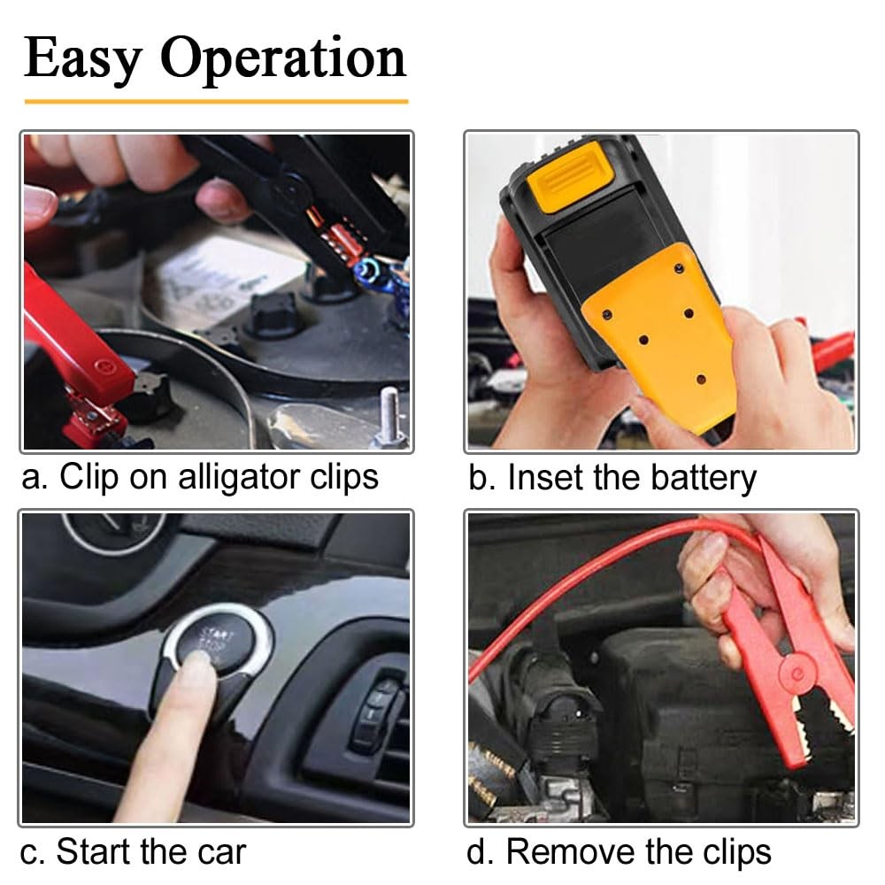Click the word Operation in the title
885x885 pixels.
click(283, 58)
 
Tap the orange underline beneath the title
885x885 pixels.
click(216, 101)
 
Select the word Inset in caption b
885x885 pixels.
click(545, 478)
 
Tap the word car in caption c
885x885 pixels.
click(218, 851)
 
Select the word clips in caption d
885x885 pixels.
click(731, 851)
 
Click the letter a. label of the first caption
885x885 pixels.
click(34, 478)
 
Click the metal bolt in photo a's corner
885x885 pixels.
click(388, 416)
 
